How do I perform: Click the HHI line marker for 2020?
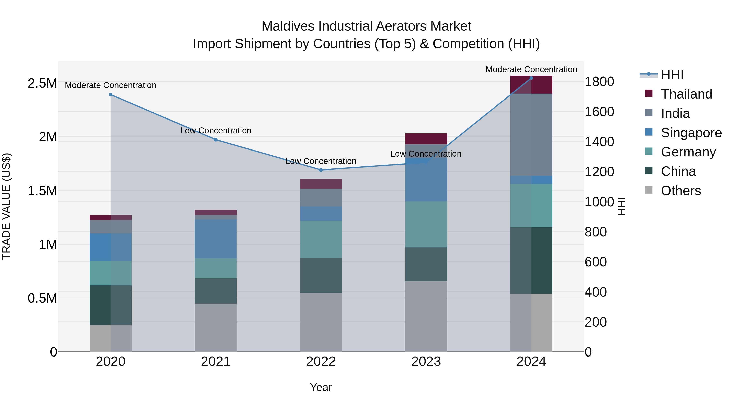(x=111, y=95)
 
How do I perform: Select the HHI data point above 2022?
(x=321, y=170)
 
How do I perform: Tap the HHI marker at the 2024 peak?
(x=531, y=78)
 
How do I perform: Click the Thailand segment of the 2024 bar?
(x=531, y=85)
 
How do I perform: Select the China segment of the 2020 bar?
(x=111, y=305)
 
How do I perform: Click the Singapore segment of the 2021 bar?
(x=216, y=239)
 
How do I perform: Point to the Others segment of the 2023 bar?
(x=426, y=316)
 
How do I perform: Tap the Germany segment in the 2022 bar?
(x=321, y=239)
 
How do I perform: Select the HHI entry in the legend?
(x=672, y=75)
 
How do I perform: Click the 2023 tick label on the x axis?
(x=426, y=362)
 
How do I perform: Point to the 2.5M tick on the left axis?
(x=42, y=83)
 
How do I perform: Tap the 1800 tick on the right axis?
(x=599, y=82)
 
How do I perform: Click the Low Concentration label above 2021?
(x=216, y=131)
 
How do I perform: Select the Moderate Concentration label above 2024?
(x=531, y=69)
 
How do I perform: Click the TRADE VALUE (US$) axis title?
(x=6, y=206)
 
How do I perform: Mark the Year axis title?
(x=321, y=387)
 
